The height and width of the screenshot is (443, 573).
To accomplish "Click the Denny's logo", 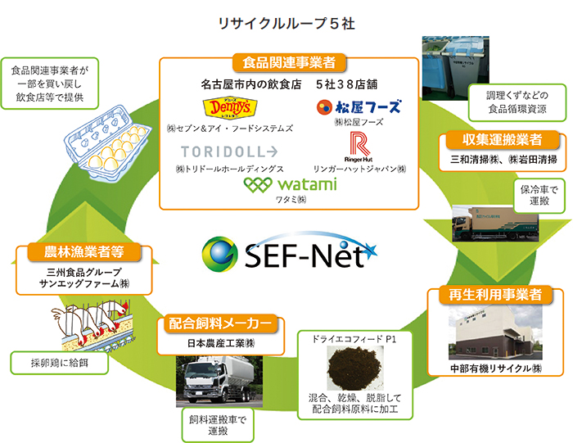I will pos(219,108).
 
